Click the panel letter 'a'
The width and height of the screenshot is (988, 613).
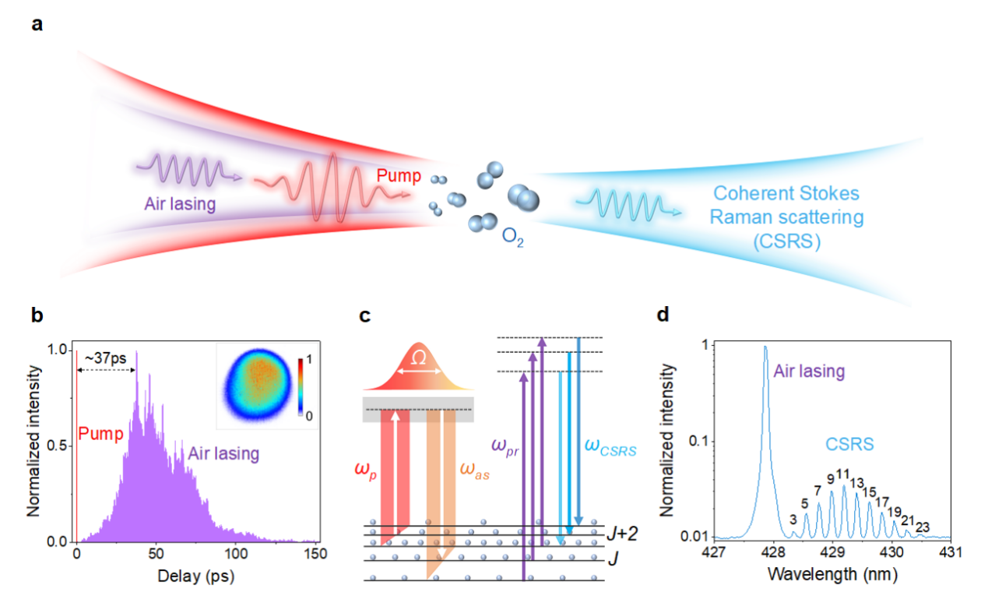click(37, 24)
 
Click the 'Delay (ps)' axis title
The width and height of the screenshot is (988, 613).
click(196, 577)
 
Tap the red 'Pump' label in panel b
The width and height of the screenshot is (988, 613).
click(101, 433)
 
